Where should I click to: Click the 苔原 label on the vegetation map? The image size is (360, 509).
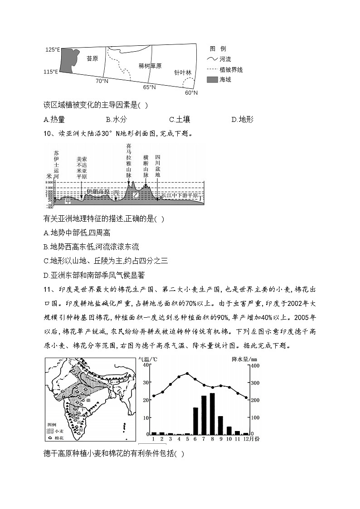[92, 58]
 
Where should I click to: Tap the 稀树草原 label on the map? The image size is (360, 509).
[150, 66]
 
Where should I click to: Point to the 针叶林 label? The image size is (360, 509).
[183, 73]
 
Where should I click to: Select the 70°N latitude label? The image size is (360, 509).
[102, 81]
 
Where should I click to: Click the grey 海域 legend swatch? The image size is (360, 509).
[212, 80]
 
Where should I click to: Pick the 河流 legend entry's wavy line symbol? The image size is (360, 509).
[212, 59]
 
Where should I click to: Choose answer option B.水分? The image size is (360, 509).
[115, 120]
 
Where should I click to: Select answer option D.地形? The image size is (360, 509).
[242, 120]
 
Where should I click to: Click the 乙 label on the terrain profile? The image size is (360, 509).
[135, 195]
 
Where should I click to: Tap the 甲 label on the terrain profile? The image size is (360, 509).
[68, 199]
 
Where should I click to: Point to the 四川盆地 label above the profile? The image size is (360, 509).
[157, 166]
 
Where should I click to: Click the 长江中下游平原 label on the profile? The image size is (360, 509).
[180, 195]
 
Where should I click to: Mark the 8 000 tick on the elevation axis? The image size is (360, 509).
[49, 182]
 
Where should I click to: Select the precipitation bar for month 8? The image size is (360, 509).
[212, 413]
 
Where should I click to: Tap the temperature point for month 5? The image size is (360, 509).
[187, 373]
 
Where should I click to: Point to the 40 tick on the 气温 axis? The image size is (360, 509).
[146, 365]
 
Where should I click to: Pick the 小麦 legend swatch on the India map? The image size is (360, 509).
[50, 432]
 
